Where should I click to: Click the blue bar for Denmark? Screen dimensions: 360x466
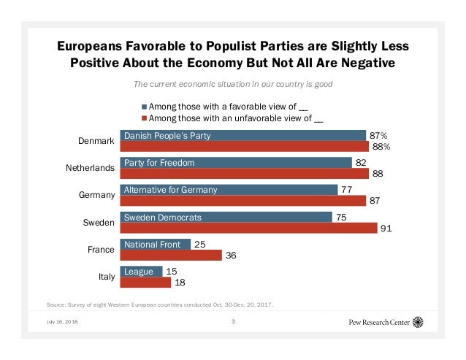click(x=242, y=136)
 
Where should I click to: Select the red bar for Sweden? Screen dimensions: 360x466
click(x=248, y=229)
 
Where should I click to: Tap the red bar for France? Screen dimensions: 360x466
click(x=171, y=256)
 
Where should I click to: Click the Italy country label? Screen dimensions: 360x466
click(x=105, y=277)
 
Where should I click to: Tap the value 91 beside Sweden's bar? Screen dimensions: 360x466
click(x=385, y=229)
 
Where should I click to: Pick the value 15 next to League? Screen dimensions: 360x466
click(x=172, y=272)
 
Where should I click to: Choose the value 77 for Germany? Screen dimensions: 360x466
click(x=347, y=189)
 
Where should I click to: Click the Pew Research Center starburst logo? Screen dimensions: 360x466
click(x=418, y=321)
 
